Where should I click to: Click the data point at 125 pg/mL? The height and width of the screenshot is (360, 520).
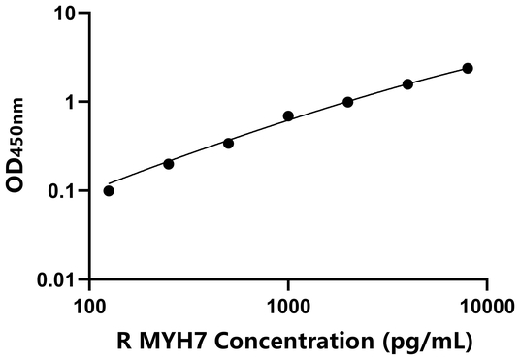109,190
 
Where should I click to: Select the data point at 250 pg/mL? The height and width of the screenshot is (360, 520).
169,164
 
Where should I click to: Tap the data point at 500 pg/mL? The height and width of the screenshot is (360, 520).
228,143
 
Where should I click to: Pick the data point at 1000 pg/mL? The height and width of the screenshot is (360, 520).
288,116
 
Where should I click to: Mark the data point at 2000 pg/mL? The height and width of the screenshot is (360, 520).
348,102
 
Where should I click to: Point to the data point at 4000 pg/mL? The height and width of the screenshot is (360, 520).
407,84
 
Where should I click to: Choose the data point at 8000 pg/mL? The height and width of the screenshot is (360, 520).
468,68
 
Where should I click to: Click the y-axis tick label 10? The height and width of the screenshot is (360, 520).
65,14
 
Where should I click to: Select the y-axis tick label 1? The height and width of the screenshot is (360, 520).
70,103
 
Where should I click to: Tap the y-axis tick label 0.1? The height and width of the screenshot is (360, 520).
62,191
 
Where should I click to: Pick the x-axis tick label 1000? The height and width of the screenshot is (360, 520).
288,307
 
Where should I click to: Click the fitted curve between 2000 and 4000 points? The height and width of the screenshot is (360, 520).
378,93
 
